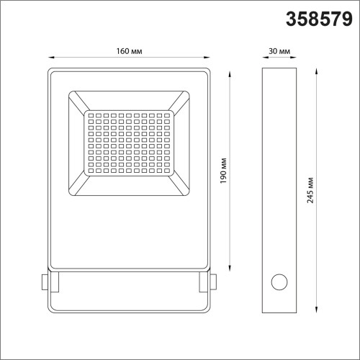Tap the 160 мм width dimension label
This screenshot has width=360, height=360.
(127, 50)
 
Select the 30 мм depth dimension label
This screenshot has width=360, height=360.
(280, 50)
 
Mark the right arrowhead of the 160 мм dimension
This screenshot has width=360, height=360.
(206, 58)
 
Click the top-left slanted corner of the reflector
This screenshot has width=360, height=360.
(78, 100)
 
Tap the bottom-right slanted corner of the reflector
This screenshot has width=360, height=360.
(181, 186)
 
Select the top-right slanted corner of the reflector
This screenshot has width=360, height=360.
(181, 100)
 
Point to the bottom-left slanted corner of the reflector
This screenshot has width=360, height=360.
(78, 186)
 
